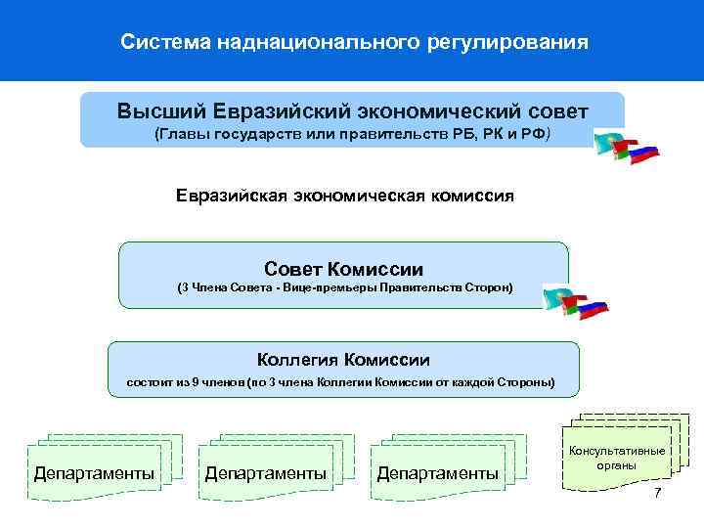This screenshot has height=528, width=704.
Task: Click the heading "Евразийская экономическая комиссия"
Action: (x=345, y=196)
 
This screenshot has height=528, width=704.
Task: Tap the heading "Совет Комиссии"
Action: (x=343, y=268)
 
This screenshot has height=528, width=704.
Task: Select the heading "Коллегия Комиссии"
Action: (x=343, y=360)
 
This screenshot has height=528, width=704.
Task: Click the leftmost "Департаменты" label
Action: (x=94, y=474)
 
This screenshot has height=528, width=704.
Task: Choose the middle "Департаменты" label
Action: (x=266, y=474)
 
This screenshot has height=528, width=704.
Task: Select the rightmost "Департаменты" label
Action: (x=438, y=474)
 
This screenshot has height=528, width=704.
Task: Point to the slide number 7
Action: (x=658, y=493)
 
